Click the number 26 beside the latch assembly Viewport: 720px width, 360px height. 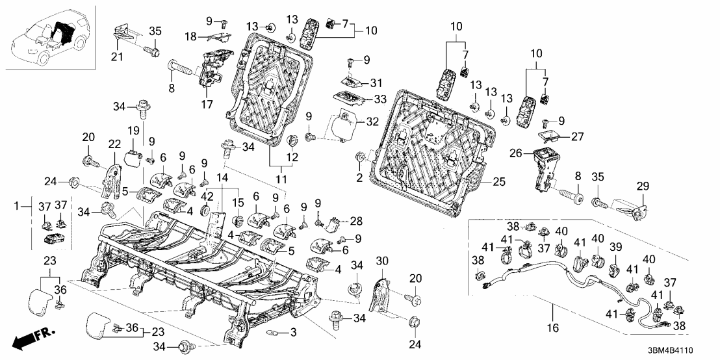[514, 154]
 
